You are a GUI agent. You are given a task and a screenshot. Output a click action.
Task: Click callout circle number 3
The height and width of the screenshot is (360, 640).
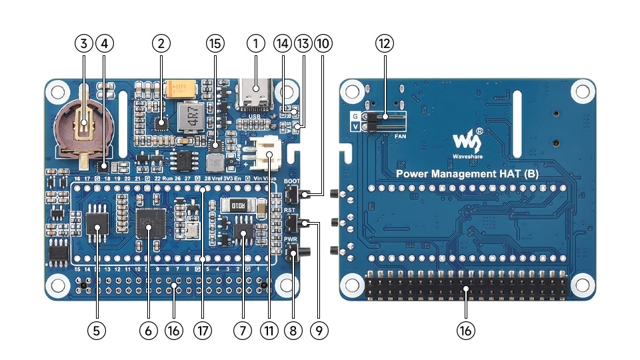(83, 44)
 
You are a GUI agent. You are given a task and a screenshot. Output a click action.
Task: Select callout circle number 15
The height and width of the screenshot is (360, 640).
(214, 44)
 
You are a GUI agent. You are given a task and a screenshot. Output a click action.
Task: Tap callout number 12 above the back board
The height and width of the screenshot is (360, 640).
(385, 44)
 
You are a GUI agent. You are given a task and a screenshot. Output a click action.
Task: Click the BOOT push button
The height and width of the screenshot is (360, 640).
(291, 194)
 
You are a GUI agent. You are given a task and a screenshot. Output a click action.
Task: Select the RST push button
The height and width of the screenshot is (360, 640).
(291, 223)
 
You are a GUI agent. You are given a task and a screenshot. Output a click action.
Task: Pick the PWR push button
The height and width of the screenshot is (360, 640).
(291, 252)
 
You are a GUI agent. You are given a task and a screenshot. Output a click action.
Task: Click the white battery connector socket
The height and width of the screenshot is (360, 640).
(267, 155)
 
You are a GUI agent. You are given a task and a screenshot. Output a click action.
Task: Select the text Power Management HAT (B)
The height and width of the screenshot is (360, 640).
(467, 174)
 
